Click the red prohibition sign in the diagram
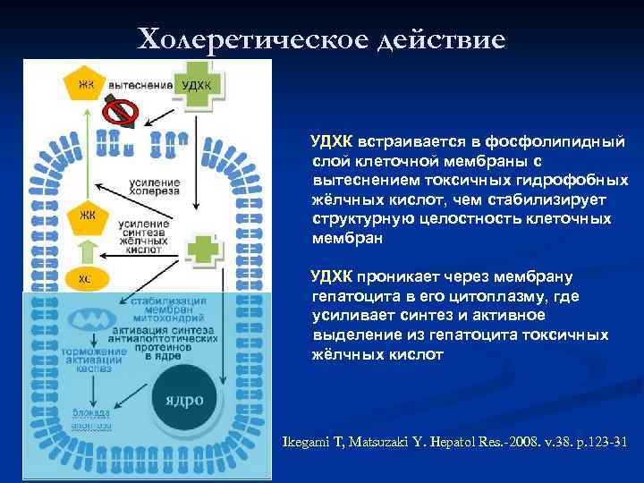123,112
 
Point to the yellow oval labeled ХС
85,278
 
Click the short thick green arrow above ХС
86,250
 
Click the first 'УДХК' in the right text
331,142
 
